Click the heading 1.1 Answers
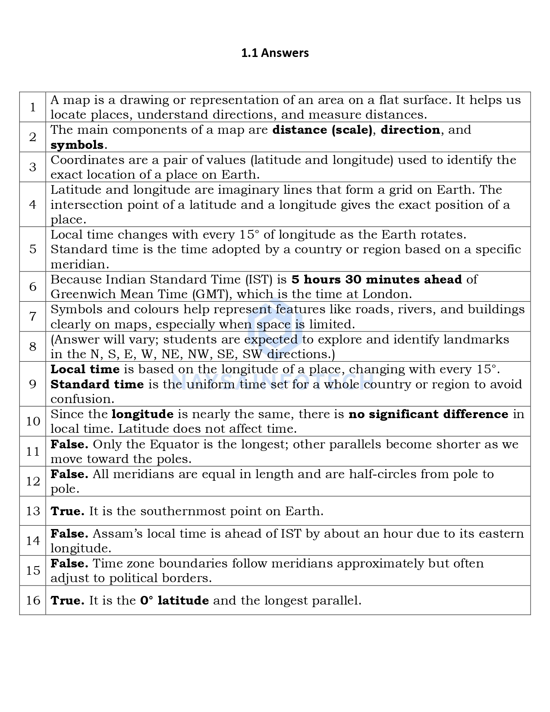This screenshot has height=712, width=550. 275,53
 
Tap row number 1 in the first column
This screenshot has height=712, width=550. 33,107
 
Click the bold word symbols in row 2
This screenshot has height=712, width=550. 77,145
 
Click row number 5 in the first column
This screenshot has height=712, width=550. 33,249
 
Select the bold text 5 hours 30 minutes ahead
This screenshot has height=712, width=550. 377,280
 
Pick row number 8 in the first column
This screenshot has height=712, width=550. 33,347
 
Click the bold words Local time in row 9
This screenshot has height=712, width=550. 85,369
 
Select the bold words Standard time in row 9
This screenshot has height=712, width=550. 97,384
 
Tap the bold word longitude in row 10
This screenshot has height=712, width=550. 142,414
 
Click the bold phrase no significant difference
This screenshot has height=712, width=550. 428,414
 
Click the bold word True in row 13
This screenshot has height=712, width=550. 67,511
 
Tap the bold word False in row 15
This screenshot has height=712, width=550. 69,564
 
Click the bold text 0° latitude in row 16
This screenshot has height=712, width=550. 174,601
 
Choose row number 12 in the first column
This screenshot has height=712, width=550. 33,482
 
